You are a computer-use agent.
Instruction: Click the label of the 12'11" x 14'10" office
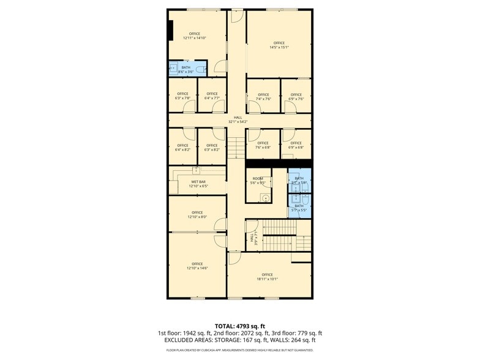coord(195,36)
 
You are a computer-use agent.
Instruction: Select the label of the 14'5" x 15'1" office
coord(279,45)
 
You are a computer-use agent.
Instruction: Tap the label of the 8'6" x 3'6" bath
coord(186,70)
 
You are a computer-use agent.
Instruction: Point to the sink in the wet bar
coord(196,169)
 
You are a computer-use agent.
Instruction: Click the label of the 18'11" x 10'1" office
coord(267,276)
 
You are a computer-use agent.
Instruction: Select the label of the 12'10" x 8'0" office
coord(197,214)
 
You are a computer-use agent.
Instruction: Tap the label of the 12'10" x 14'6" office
coord(197,266)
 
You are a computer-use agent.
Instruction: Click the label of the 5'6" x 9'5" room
coord(258,181)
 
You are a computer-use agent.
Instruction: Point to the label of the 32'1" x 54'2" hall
coord(237,119)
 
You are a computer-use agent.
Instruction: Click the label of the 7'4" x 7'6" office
coord(263,97)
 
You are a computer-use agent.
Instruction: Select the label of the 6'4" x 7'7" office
coord(212,96)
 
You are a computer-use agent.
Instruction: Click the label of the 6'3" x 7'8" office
coord(182,96)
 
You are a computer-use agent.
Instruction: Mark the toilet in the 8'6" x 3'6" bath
coord(173,69)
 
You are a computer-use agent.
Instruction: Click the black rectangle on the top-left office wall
coord(170,30)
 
